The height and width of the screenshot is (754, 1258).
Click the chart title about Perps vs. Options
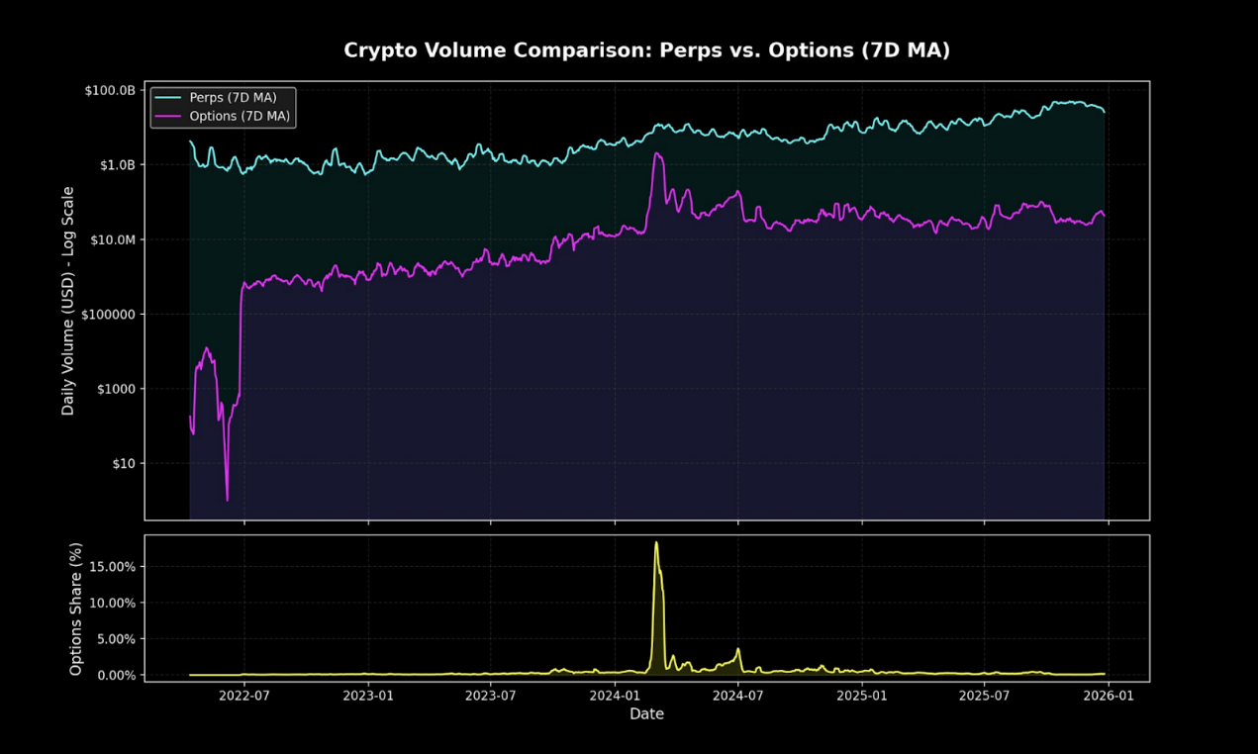[x=646, y=50]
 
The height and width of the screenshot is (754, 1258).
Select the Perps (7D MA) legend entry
[x=241, y=97]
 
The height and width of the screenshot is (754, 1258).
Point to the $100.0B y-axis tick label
[x=109, y=90]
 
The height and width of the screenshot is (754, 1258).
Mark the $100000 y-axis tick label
[x=109, y=314]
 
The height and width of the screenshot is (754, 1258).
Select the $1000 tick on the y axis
[x=116, y=389]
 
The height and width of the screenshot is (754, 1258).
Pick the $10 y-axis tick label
[x=122, y=463]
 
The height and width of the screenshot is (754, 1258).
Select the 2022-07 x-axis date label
[x=244, y=696]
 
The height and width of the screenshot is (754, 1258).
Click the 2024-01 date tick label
[x=615, y=696]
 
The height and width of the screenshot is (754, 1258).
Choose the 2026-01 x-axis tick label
[x=1109, y=696]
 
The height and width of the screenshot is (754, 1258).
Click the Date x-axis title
[x=646, y=713]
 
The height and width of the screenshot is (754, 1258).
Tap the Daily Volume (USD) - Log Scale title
[x=68, y=300]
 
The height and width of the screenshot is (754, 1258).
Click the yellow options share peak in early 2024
[x=656, y=542]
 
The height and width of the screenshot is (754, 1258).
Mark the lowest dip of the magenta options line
[x=227, y=500]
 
